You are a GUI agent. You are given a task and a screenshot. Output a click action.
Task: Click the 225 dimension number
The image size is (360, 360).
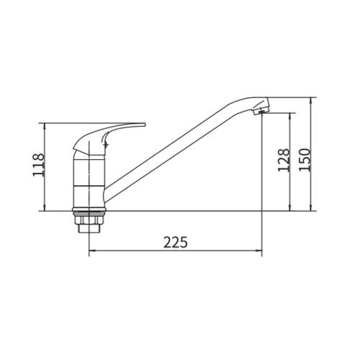176,242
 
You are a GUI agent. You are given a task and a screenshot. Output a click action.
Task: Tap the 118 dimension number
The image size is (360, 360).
39,165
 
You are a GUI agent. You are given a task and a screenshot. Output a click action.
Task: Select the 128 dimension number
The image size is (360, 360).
284,160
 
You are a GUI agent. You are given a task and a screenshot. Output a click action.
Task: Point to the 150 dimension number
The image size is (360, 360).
305,160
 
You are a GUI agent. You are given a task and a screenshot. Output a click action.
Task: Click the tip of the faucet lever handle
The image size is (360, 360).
145,125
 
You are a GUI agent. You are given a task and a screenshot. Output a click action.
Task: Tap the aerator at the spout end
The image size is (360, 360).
261,110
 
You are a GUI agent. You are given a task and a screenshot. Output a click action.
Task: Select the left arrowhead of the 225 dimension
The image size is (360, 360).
91,251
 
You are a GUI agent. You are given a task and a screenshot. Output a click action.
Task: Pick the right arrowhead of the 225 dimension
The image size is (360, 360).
259,251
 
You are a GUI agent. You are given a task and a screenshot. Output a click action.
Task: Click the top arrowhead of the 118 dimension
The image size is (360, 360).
45,126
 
